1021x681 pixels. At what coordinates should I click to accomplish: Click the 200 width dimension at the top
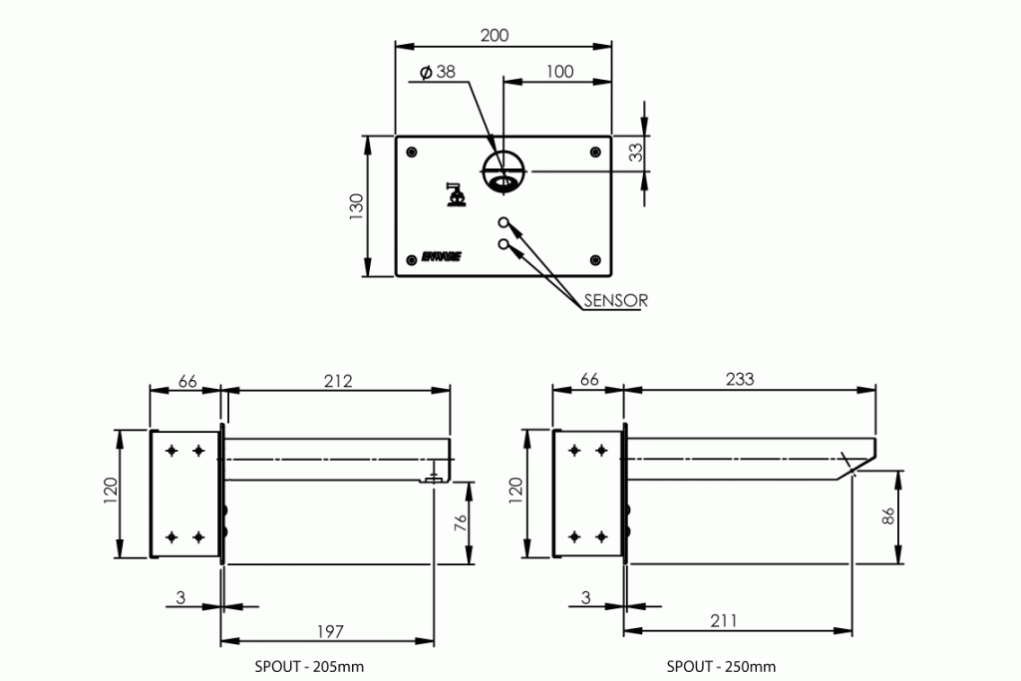(494, 35)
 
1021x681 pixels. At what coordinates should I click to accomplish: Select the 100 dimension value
(560, 72)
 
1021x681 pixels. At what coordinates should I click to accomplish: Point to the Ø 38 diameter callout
(439, 72)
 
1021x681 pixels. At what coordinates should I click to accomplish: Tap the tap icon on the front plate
(456, 195)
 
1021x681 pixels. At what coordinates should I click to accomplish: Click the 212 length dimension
(338, 380)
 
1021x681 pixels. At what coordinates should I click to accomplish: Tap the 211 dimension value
(724, 620)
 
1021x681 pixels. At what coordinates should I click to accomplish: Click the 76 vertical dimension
(461, 523)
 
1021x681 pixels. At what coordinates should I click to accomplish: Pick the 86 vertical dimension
(890, 516)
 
